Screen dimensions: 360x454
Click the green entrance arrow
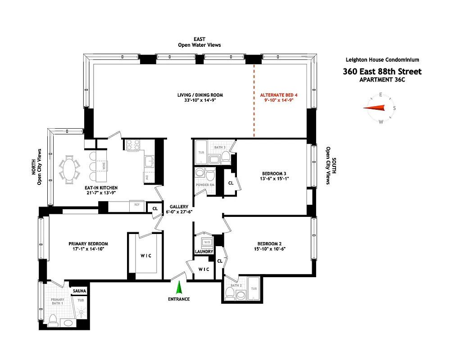click(179, 287)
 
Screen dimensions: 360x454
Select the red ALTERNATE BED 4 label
click(279, 95)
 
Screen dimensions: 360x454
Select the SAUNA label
click(79, 291)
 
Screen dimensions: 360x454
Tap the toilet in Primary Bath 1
click(53, 320)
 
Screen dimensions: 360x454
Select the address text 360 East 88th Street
click(382, 72)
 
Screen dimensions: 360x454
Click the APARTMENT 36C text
click(382, 80)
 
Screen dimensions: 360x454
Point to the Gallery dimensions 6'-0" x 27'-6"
click(179, 212)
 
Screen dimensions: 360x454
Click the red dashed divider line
click(254, 101)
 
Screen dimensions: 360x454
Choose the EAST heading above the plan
click(199, 40)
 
